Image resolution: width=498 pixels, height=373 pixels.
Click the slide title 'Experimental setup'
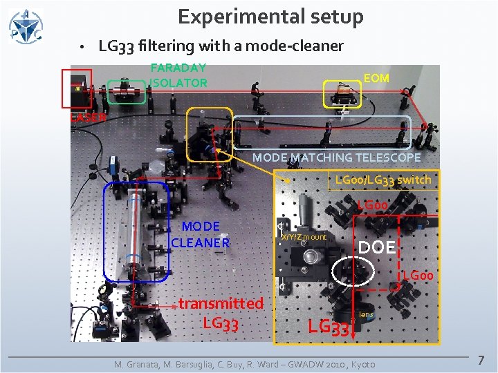click(x=270, y=17)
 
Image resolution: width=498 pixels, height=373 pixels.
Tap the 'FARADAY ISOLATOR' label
click(x=178, y=75)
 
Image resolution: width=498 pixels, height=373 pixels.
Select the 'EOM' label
click(x=377, y=78)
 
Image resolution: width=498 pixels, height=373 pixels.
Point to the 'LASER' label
click(x=88, y=117)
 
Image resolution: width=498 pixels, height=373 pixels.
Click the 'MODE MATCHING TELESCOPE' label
click(x=336, y=157)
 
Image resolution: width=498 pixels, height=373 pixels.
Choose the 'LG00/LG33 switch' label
click(x=382, y=180)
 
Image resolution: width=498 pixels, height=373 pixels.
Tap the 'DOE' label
click(x=376, y=247)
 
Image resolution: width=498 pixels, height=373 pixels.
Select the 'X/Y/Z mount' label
click(x=304, y=238)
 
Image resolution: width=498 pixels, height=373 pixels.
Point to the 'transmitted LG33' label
click(x=221, y=313)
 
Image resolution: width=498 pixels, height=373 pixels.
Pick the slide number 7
click(x=482, y=361)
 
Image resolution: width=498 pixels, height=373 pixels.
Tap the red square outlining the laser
click(x=77, y=88)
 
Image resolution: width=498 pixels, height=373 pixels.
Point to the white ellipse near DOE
click(x=353, y=272)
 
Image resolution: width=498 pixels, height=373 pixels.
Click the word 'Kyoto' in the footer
click(x=364, y=364)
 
